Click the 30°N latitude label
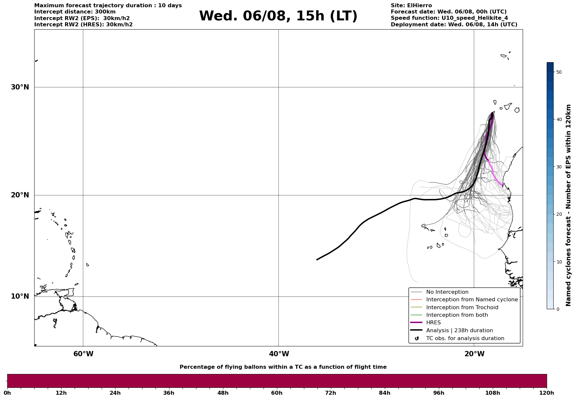(x=20, y=87)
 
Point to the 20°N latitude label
(x=20, y=195)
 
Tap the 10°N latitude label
(x=20, y=296)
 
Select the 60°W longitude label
(x=83, y=354)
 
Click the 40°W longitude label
(x=279, y=354)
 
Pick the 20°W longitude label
(x=474, y=354)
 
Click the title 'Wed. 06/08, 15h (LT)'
(x=278, y=16)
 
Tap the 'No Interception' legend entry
(x=447, y=292)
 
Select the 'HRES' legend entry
(x=433, y=323)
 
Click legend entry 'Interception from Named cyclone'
(x=472, y=300)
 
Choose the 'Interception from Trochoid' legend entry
(x=462, y=308)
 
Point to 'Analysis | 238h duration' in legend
(x=459, y=331)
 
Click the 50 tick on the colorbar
(x=559, y=72)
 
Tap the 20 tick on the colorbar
(x=559, y=214)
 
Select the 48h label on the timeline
(x=223, y=393)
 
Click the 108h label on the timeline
(x=492, y=393)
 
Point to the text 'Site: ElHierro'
(x=411, y=6)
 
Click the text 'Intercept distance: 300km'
(x=75, y=12)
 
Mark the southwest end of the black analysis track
(x=317, y=260)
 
